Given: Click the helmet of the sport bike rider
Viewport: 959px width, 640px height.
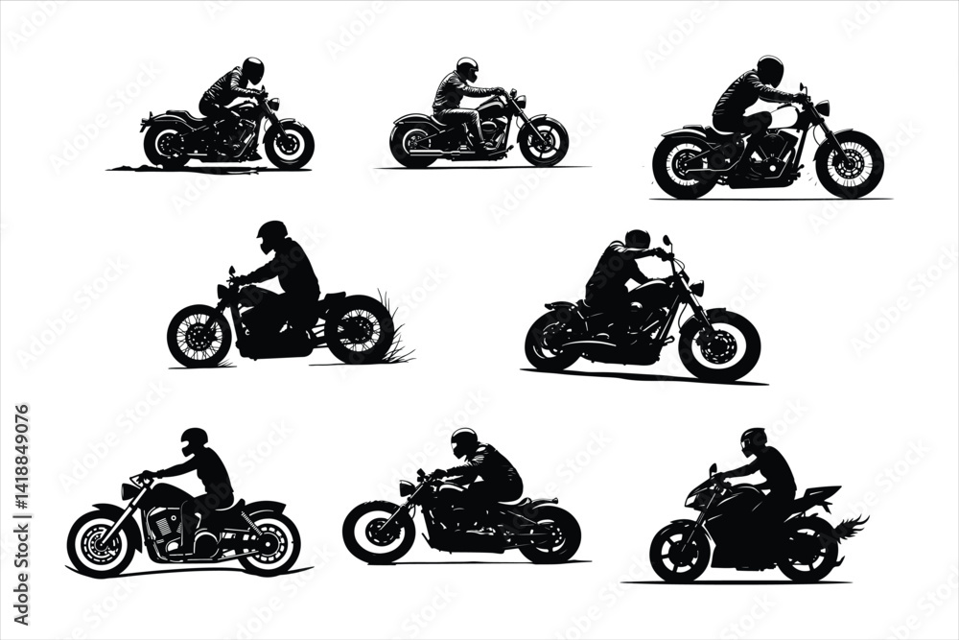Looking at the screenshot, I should pyautogui.click(x=754, y=441).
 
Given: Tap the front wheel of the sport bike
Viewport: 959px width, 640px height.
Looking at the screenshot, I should pyautogui.click(x=679, y=552).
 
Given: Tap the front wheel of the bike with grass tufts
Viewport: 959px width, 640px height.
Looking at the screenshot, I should pyautogui.click(x=199, y=336).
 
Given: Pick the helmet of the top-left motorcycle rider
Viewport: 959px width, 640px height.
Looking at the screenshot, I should pyautogui.click(x=253, y=69).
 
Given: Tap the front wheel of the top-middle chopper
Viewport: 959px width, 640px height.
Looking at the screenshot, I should pyautogui.click(x=543, y=141).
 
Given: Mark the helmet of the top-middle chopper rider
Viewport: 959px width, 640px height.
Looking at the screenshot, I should pyautogui.click(x=467, y=69).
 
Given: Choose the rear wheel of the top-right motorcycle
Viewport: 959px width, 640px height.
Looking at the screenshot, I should pyautogui.click(x=685, y=164).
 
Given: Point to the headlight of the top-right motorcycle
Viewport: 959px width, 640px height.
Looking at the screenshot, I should pyautogui.click(x=823, y=107).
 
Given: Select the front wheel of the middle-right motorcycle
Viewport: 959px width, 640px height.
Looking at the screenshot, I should pyautogui.click(x=719, y=345).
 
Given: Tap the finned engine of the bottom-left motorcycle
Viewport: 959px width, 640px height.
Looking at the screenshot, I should pyautogui.click(x=162, y=526).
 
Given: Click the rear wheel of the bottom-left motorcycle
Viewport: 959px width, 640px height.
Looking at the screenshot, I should pyautogui.click(x=269, y=542).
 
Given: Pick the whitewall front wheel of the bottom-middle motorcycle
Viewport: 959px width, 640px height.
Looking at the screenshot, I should pyautogui.click(x=378, y=532).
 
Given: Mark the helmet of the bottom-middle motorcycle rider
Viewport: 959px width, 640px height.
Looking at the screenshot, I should pyautogui.click(x=464, y=442).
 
